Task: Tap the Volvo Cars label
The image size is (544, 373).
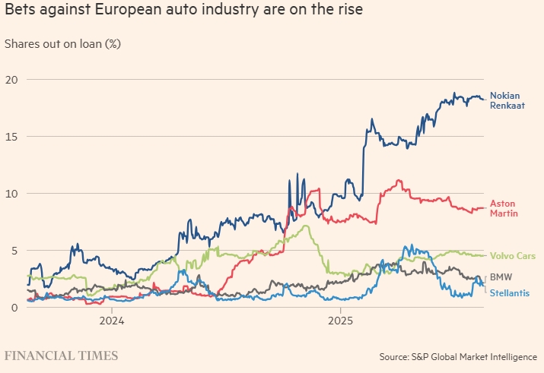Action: [x=513, y=256]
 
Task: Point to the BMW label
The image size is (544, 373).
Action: [x=501, y=277]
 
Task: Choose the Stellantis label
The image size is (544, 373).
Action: [x=509, y=292]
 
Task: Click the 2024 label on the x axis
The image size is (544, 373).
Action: [x=111, y=321]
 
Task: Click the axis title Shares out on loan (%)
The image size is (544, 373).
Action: [x=62, y=43]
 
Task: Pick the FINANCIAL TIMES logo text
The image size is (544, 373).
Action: [x=61, y=356]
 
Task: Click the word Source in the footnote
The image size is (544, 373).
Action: [x=396, y=356]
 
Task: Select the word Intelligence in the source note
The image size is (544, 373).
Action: [x=512, y=356]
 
